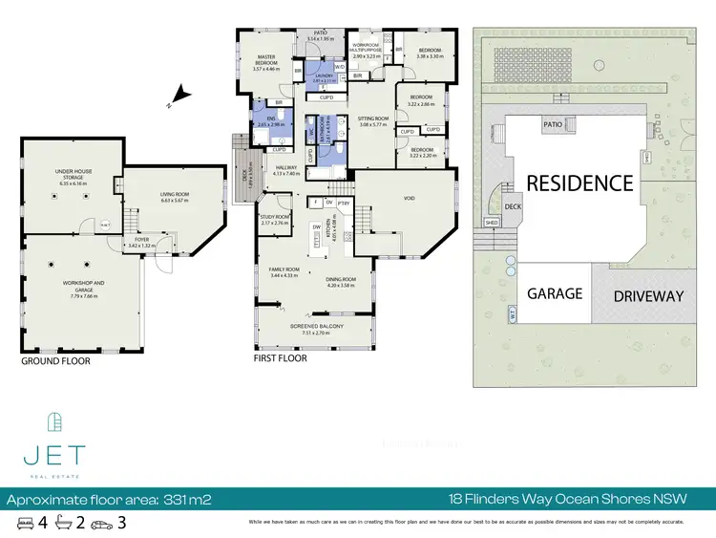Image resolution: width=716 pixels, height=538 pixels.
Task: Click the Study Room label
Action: [x=275, y=221]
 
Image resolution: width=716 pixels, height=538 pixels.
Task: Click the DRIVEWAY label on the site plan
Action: [x=648, y=296]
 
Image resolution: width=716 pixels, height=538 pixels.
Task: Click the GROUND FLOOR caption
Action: [x=56, y=361]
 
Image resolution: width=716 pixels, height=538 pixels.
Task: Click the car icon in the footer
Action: [x=104, y=524]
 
